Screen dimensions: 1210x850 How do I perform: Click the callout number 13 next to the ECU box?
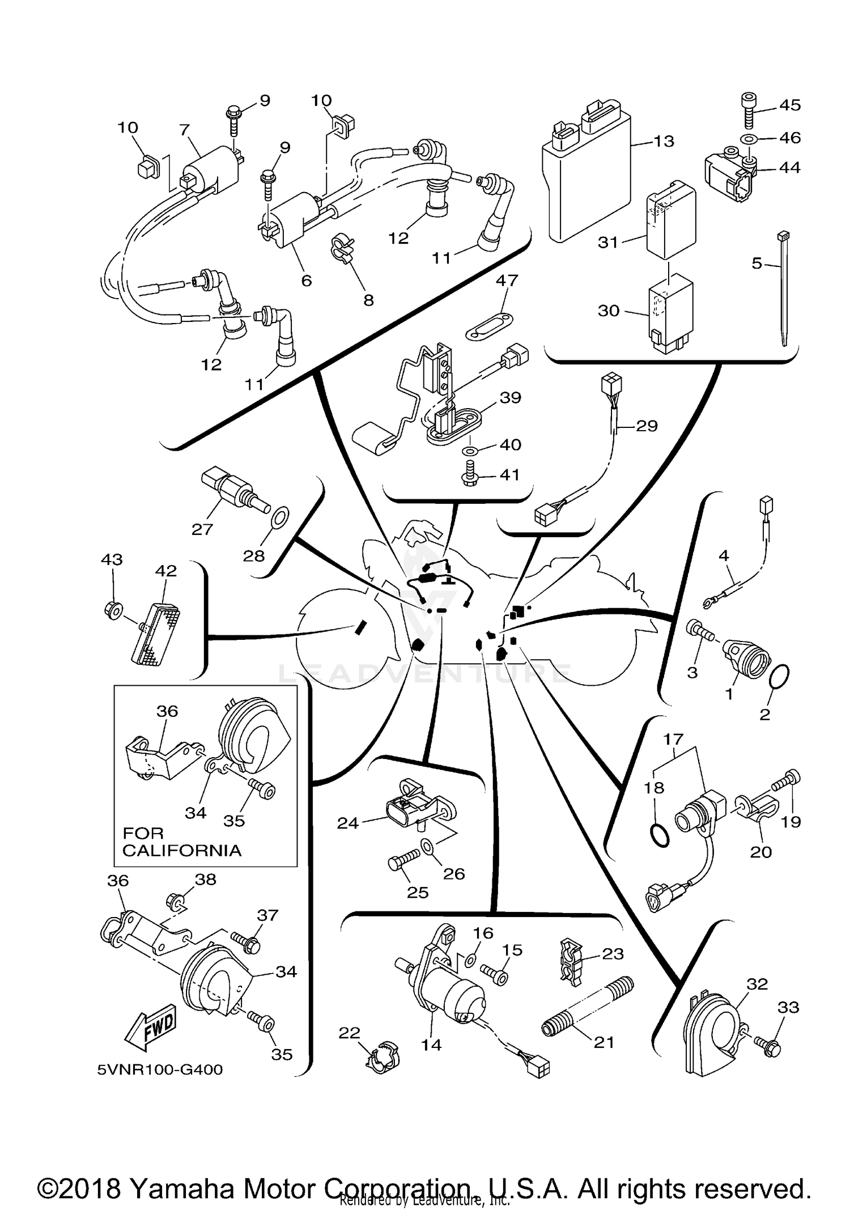pyautogui.click(x=664, y=141)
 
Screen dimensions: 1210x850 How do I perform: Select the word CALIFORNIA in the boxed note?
pyautogui.click(x=181, y=850)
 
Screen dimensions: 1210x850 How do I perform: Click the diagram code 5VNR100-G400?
pyautogui.click(x=160, y=1069)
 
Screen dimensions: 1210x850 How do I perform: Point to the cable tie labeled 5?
pyautogui.click(x=785, y=289)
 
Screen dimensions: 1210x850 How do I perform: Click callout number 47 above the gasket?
pyautogui.click(x=507, y=281)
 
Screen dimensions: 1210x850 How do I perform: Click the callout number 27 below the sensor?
pyautogui.click(x=202, y=529)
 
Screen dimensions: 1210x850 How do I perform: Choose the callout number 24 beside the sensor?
pyautogui.click(x=348, y=823)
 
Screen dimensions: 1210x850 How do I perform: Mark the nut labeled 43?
pyautogui.click(x=113, y=611)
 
